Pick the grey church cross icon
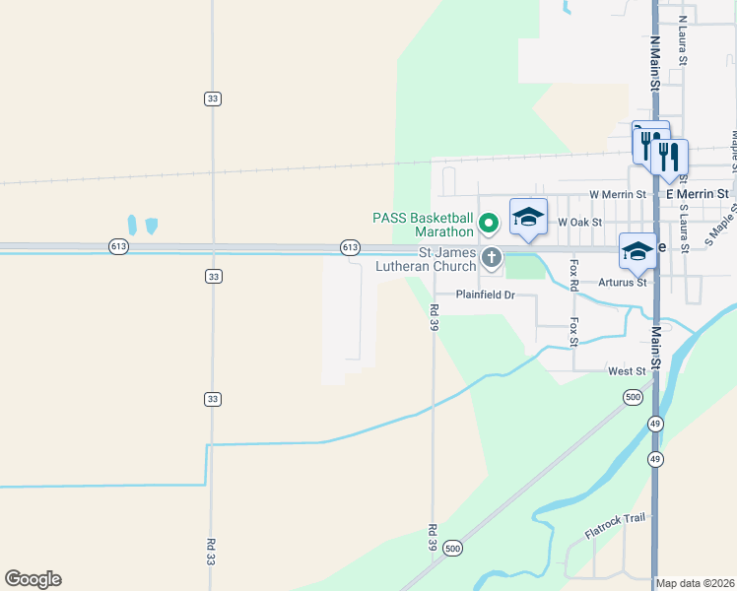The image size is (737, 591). coord(492,259)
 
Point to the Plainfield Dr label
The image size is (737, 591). coord(486,295)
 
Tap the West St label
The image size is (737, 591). coord(627,371)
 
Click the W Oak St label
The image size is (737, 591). coord(579,223)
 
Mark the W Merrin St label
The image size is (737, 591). coord(617,195)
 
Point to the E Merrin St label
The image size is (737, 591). coord(698,195)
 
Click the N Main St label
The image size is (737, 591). coord(654,63)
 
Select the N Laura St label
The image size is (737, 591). coord(682,45)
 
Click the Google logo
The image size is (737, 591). coord(33,579)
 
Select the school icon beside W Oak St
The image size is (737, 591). coord(528,217)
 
